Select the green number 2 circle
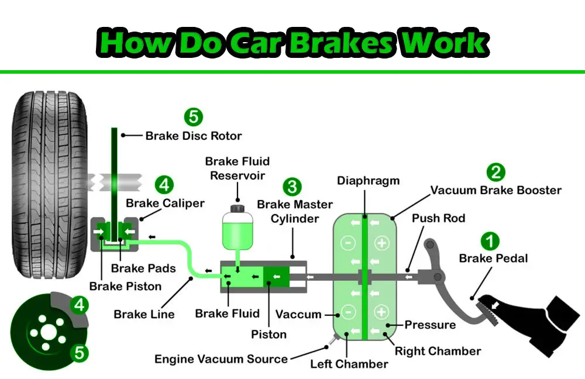tap(496, 172)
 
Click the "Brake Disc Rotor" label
tap(194, 136)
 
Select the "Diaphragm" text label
tap(368, 181)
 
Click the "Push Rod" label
tap(438, 218)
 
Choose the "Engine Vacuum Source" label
tap(221, 359)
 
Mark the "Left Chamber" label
tap(349, 364)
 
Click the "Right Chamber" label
tap(438, 351)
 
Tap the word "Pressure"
tap(430, 325)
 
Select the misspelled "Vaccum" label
tap(298, 314)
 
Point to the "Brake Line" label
tap(144, 314)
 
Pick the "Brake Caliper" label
tap(166, 204)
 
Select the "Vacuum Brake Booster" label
tap(495, 190)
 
